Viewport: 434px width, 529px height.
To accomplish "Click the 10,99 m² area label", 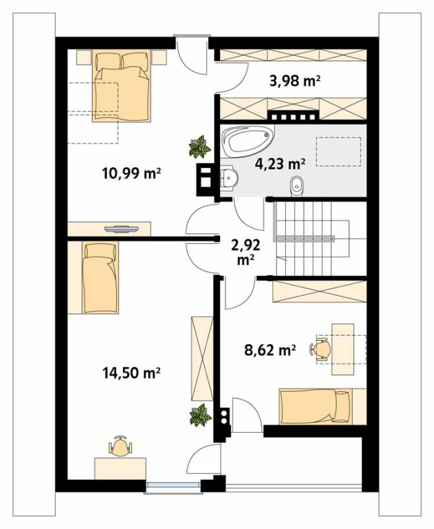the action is pos(131,174).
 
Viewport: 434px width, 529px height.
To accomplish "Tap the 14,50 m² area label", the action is pos(131,373).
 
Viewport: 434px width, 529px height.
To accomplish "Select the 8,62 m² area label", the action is pos(270,350).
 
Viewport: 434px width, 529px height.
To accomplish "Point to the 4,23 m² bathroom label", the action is pos(280,164).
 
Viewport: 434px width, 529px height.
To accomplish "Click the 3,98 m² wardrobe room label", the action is pos(294,81).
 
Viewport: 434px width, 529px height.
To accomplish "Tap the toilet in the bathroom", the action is pos(297,186).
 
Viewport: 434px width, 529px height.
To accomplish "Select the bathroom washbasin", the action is pos(229,177).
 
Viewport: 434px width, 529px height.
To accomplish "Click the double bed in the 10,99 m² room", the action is pos(122,85).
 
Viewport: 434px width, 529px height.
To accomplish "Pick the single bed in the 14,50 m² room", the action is pos(100,277).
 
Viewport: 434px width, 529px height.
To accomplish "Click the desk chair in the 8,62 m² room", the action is pos(319,349).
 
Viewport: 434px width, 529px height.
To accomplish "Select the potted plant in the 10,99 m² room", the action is pos(200,147).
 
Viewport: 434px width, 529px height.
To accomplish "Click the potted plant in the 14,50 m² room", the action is pos(201,415).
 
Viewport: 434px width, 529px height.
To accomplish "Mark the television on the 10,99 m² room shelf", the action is pos(121,229).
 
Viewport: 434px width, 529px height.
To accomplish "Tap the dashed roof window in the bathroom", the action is pos(338,151).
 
